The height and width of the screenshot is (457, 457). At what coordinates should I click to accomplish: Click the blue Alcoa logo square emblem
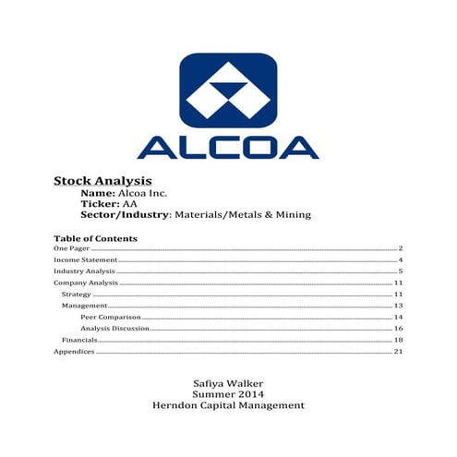[228, 90]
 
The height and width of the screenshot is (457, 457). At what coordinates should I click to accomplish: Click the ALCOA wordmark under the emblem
[228, 145]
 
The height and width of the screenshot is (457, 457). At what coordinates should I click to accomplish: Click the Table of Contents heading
[95, 238]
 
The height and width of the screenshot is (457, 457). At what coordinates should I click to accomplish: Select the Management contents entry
[84, 305]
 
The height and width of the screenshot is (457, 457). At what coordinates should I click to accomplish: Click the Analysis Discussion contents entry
[114, 328]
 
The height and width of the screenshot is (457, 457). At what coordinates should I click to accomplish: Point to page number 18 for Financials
[398, 340]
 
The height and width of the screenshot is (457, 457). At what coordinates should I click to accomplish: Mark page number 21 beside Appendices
[398, 351]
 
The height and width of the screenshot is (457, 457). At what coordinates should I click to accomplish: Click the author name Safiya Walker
[227, 381]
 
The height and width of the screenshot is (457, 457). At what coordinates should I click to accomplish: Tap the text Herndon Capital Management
[227, 405]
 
